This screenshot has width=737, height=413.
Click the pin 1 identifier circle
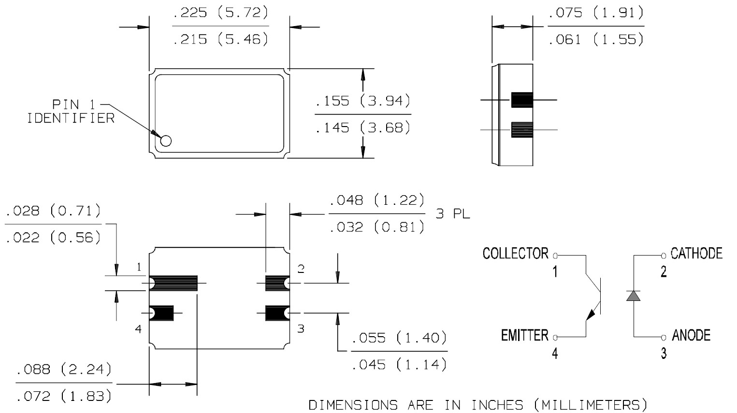tap(166, 141)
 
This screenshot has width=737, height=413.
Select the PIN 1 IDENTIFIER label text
tap(71, 112)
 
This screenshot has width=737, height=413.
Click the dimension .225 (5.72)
tap(220, 13)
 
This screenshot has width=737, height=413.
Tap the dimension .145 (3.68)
tap(362, 128)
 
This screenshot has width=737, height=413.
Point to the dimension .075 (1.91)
tap(596, 13)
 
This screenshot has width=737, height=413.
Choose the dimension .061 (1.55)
tap(596, 39)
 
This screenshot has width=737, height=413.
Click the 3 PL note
tap(452, 214)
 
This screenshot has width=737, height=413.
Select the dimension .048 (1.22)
tap(377, 200)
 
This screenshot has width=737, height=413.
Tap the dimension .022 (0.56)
tap(53, 238)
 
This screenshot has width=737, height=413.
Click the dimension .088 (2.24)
tap(64, 370)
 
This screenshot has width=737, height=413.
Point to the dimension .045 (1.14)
tap(399, 365)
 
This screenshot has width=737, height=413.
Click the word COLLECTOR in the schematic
tap(515, 254)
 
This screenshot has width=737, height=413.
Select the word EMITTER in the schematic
tap(524, 335)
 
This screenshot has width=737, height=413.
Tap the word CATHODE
tap(696, 253)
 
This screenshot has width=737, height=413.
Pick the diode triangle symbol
tap(633, 296)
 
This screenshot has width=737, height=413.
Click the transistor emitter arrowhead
tap(591, 315)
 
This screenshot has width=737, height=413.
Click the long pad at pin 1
tap(173, 283)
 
